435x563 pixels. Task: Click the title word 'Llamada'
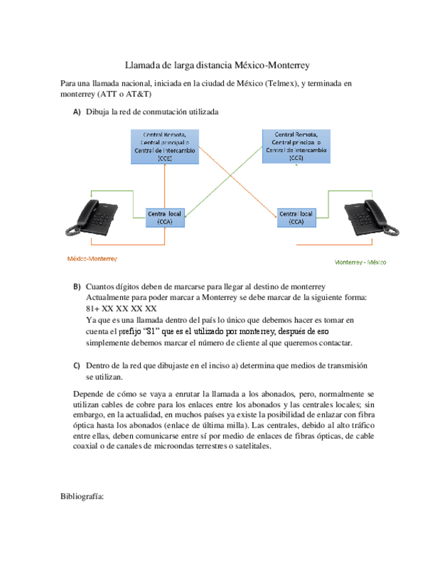coord(143,65)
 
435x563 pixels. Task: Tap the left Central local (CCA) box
coord(164,218)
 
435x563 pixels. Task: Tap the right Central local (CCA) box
coord(296,218)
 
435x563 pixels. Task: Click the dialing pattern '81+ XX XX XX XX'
coord(122,309)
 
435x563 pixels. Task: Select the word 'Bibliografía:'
coord(82,496)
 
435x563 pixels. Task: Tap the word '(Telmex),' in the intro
coord(282,84)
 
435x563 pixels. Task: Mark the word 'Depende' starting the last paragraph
coord(89,393)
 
